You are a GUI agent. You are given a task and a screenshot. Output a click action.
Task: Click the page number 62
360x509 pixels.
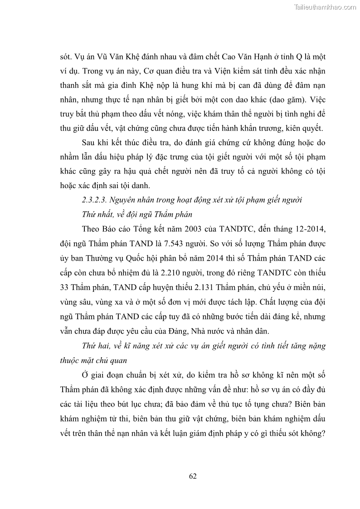(x=192, y=475)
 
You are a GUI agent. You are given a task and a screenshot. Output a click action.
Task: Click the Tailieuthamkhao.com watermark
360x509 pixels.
(x=326, y=7)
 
